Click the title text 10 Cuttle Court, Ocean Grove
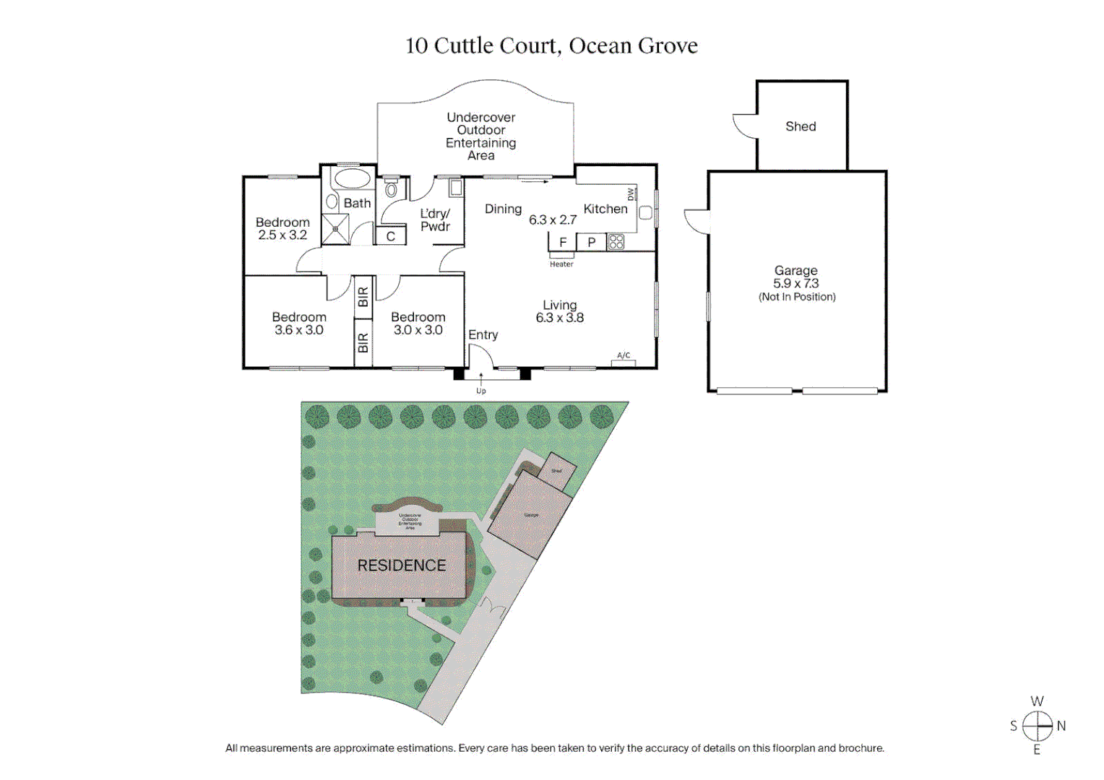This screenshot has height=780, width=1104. (x=551, y=46)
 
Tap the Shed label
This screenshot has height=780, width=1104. (x=801, y=126)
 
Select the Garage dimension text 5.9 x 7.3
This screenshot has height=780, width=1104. (x=795, y=284)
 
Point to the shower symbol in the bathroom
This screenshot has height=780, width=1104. (x=335, y=229)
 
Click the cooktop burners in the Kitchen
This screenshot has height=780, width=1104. (x=616, y=242)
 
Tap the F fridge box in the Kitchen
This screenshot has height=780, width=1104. (x=563, y=242)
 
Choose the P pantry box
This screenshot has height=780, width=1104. (x=592, y=242)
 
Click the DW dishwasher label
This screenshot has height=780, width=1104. (x=631, y=194)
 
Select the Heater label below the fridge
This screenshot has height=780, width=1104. (x=561, y=264)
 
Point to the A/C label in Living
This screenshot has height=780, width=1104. (x=624, y=355)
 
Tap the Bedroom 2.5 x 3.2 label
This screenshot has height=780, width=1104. (x=283, y=228)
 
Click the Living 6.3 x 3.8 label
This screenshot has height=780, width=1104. (x=560, y=311)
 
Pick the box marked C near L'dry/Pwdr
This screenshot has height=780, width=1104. (x=391, y=236)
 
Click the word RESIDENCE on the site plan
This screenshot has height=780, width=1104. (x=402, y=565)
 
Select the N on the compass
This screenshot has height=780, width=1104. (x=1061, y=726)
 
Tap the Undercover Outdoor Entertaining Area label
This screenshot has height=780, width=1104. (x=481, y=136)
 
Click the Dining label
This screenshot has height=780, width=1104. (x=503, y=209)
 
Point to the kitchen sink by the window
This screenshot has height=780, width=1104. (x=646, y=212)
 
